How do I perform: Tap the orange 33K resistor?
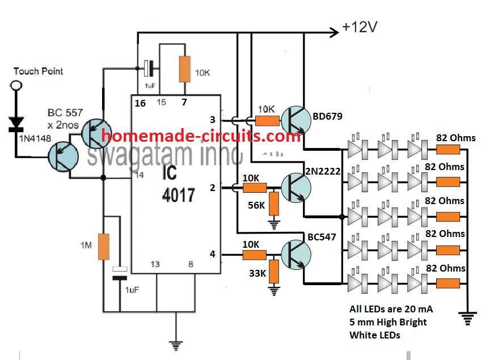coord(274,271)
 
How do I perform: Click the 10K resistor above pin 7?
coord(184,69)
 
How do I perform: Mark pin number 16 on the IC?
coord(140,103)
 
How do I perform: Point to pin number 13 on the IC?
coord(155,264)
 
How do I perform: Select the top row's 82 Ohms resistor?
coord(447,150)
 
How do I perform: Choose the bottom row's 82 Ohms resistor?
coord(447,283)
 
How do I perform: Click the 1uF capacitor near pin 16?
coord(148,69)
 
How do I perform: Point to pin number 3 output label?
coord(213,120)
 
